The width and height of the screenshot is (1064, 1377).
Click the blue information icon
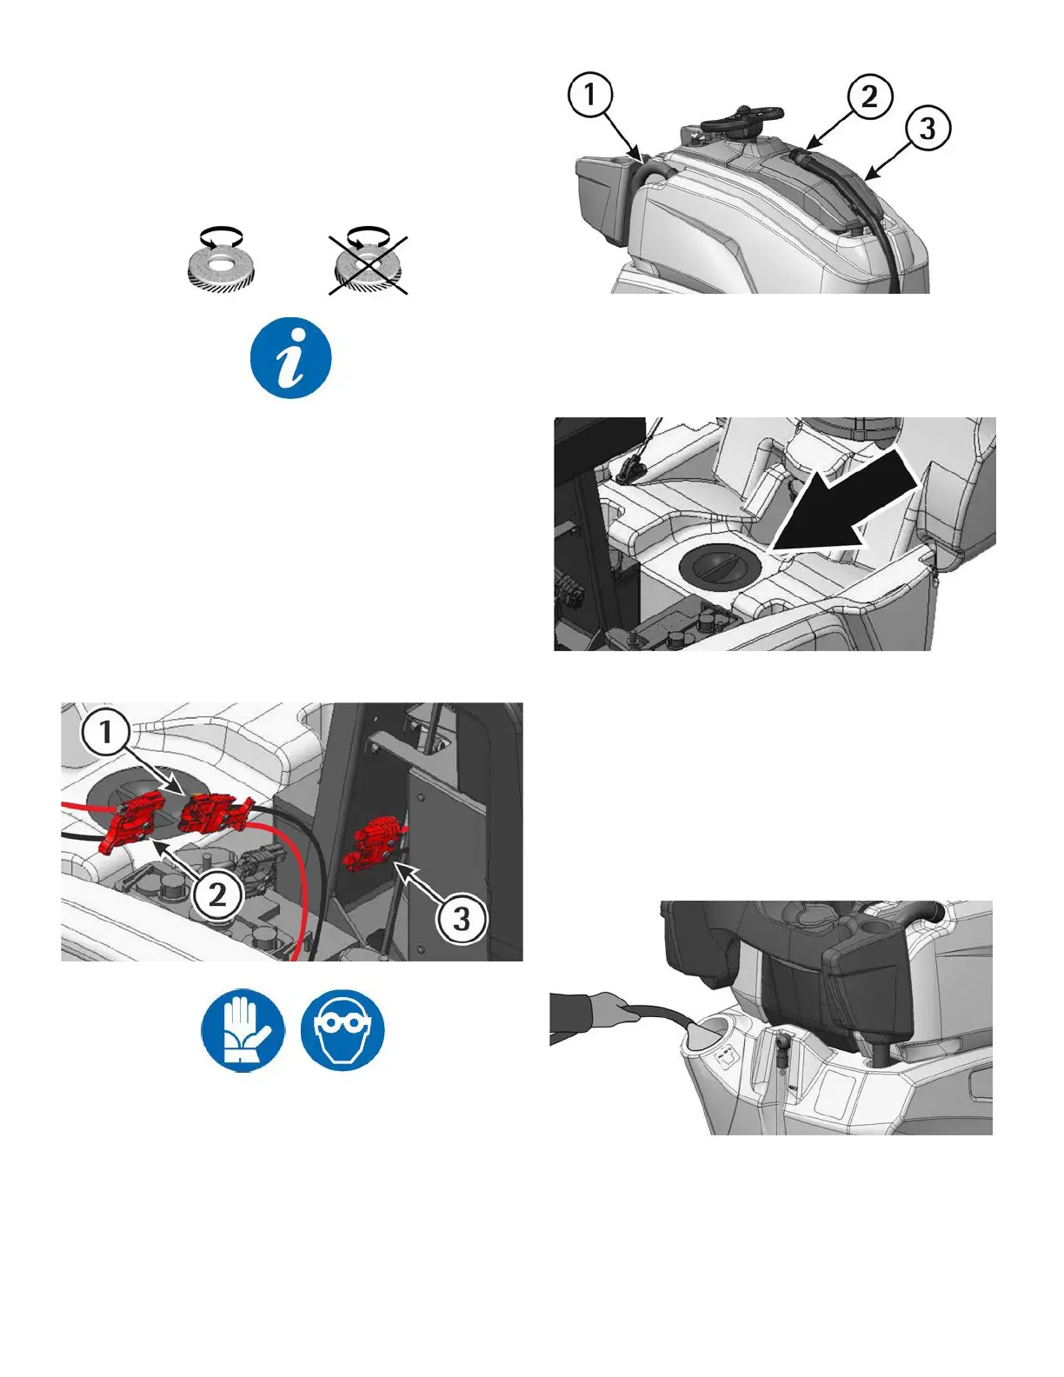tap(291, 358)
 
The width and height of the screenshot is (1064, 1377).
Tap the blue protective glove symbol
tap(243, 1030)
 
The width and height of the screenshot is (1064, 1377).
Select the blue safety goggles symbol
tap(342, 1030)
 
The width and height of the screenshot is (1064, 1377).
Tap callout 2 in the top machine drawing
tap(869, 96)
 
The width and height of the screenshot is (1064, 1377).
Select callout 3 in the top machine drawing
tap(928, 128)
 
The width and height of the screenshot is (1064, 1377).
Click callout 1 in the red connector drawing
tap(106, 733)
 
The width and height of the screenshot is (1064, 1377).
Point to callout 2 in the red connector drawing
tap(217, 895)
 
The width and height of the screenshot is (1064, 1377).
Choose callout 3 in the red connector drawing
tap(462, 918)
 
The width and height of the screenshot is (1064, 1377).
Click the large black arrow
tap(843, 502)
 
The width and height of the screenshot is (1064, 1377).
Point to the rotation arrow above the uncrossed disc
tap(221, 237)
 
